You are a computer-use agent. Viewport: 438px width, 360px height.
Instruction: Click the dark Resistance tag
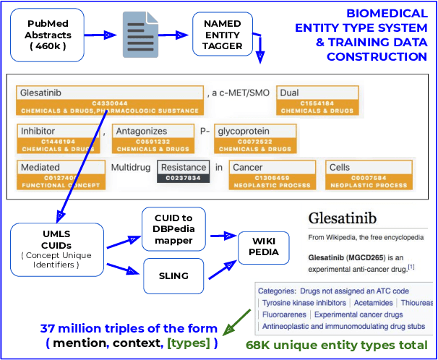[x=184, y=171]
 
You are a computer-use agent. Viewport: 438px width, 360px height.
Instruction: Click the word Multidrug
[x=131, y=168]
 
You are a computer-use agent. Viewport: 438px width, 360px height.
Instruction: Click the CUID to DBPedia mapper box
[x=173, y=228]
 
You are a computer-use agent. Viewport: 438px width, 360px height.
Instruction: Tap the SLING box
[x=173, y=275]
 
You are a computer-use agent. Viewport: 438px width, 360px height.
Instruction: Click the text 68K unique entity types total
[x=336, y=346]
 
